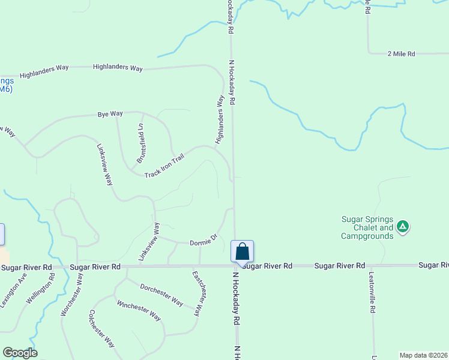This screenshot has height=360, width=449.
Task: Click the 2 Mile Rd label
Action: (402, 54)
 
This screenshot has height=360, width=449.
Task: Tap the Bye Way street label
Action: (110, 113)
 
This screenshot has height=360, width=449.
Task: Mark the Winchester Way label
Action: (139, 310)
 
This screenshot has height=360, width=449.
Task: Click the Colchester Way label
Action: (101, 328)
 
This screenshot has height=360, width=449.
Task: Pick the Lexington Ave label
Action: (14, 291)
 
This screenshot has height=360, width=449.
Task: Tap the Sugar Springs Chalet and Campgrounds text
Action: (367, 228)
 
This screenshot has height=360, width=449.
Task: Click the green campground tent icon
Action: (403, 227)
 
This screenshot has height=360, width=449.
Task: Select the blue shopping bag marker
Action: (243, 251)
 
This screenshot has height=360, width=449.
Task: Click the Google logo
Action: (20, 353)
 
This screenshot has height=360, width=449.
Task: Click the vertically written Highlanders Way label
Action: (220, 119)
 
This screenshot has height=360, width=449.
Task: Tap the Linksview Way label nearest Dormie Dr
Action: (149, 242)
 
